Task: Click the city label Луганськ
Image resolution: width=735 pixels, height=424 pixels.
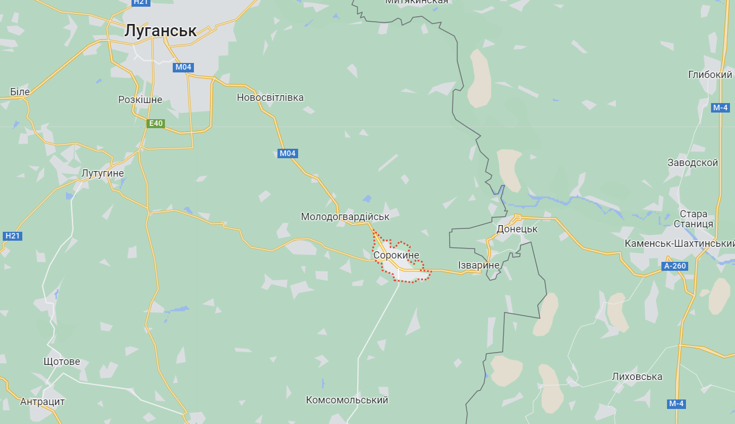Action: (x=160, y=31)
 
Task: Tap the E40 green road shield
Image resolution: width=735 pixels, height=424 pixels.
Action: (x=155, y=124)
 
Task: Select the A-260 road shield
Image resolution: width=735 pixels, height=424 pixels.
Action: (x=675, y=266)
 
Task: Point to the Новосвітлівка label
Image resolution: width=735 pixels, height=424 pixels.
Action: (x=270, y=98)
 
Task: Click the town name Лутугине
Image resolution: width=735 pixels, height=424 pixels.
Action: (x=103, y=173)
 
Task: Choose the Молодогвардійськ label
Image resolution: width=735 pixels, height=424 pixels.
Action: (x=345, y=216)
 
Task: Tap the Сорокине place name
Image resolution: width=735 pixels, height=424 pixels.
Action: (x=396, y=255)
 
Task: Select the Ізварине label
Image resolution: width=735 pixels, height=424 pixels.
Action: (x=478, y=265)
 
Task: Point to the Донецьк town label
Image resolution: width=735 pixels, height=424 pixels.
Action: (x=517, y=229)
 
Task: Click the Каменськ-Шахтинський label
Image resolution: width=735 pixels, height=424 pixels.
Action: (x=679, y=243)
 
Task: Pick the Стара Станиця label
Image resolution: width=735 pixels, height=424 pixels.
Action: (x=693, y=218)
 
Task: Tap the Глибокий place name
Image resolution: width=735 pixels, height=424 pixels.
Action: (x=710, y=75)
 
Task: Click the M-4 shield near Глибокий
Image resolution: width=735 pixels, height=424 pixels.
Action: (x=720, y=108)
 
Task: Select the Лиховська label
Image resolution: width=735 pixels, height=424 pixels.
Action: (x=637, y=377)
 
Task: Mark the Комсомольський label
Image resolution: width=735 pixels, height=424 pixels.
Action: (x=347, y=400)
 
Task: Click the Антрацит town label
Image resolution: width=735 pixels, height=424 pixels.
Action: (x=42, y=402)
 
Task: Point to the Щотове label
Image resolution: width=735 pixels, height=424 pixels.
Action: (x=62, y=362)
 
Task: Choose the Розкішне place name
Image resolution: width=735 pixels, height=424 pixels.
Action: (x=140, y=100)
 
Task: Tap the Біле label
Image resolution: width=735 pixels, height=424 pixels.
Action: (x=20, y=91)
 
